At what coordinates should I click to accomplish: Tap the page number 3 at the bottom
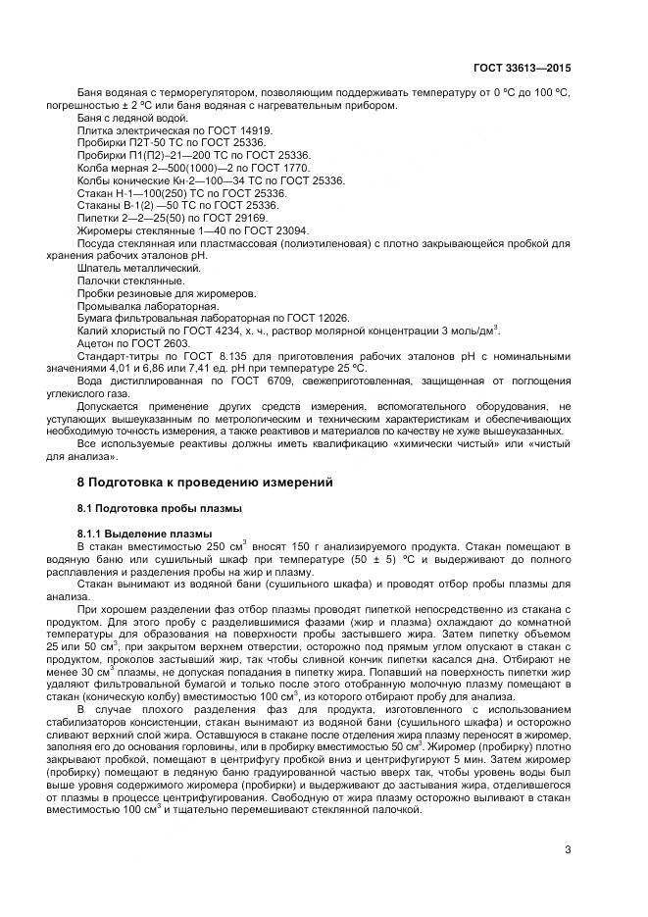tap(568, 849)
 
